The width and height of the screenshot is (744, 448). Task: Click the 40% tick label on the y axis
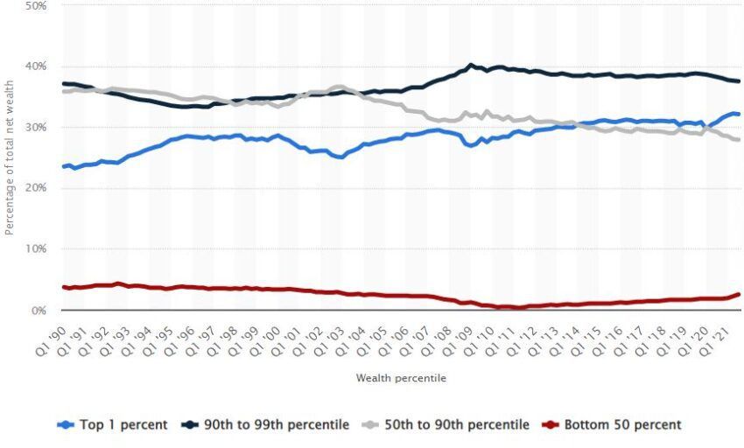click(36, 66)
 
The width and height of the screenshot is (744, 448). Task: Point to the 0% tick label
click(39, 311)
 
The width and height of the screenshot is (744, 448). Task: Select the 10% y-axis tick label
click(36, 249)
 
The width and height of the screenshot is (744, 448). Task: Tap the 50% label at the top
click(36, 6)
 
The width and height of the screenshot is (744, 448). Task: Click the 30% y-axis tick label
click(36, 128)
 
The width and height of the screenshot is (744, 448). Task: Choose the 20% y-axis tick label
click(36, 188)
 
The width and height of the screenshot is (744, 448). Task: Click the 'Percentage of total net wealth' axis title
click(10, 167)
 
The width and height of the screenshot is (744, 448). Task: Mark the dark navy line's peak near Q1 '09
click(472, 65)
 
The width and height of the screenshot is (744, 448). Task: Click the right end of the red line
click(739, 294)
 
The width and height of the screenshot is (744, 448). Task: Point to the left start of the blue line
click(63, 167)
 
